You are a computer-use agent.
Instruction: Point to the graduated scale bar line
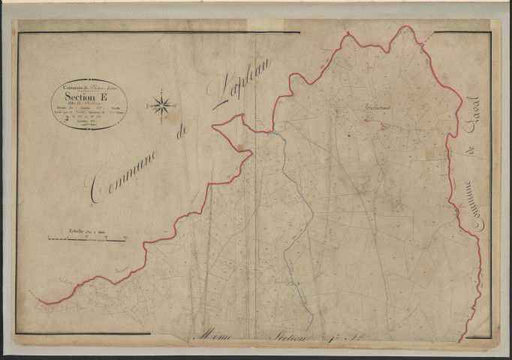86,238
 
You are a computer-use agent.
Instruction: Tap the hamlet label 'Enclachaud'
380,109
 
